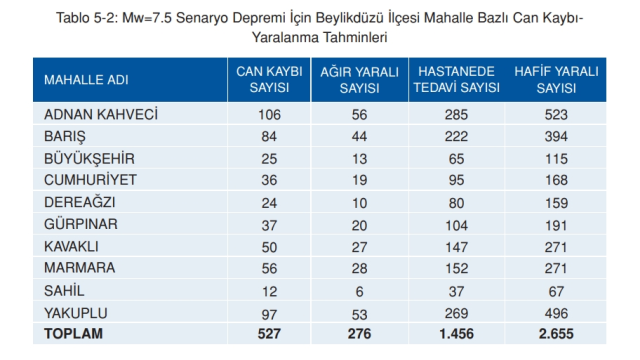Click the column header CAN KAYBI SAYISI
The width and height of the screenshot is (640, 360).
[x=268, y=80]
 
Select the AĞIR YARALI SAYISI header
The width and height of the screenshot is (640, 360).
[x=358, y=80]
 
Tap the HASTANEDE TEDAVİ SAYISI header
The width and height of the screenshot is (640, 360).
[x=457, y=80]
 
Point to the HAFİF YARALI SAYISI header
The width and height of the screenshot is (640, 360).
[x=556, y=80]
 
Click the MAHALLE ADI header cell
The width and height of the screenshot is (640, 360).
[x=86, y=81]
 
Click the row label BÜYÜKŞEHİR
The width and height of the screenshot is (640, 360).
[x=90, y=158]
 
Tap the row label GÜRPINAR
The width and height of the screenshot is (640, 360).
[x=81, y=224]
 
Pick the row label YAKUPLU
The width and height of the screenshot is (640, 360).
[x=77, y=311]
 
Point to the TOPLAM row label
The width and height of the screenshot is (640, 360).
[x=75, y=332]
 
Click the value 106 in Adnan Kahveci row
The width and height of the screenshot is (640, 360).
[x=268, y=114]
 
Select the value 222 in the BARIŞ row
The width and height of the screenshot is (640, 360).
[x=457, y=136]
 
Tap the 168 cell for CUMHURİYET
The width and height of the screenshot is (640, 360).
[x=556, y=180]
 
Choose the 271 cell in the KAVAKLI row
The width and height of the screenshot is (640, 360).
[x=556, y=246]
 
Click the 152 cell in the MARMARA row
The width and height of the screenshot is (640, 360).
[x=457, y=268]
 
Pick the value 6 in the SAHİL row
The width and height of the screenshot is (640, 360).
[x=358, y=289]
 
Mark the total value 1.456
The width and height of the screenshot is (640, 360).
[x=457, y=333]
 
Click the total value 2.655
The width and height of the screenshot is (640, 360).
[x=556, y=333]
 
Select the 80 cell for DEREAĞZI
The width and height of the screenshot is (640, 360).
[x=457, y=202]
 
